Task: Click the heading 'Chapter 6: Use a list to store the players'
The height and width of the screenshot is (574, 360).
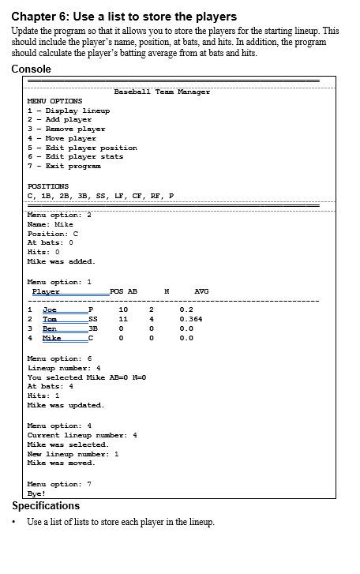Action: pyautogui.click(x=124, y=16)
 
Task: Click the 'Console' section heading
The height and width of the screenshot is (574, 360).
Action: pyautogui.click(x=32, y=69)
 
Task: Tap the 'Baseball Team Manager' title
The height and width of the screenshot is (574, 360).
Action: pyautogui.click(x=162, y=92)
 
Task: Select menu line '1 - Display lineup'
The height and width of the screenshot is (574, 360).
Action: pyautogui.click(x=69, y=111)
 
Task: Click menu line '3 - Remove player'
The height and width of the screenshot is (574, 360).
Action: pyautogui.click(x=66, y=129)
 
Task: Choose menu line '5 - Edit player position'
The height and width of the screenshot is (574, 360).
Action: pyautogui.click(x=82, y=148)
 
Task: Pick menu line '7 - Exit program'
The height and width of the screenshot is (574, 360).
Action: pyautogui.click(x=64, y=166)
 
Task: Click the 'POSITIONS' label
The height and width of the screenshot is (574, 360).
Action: pyautogui.click(x=48, y=186)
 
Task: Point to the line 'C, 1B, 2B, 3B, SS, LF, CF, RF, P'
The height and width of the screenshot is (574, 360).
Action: pyautogui.click(x=101, y=196)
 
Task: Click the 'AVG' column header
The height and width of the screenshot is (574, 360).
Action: pyautogui.click(x=201, y=291)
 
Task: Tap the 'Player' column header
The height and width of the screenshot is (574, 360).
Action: pyautogui.click(x=46, y=292)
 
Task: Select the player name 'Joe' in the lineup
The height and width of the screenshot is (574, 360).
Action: pyautogui.click(x=49, y=310)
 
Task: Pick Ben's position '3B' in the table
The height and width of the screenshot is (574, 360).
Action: pyautogui.click(x=92, y=328)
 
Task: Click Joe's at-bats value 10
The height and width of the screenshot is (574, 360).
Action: pyautogui.click(x=123, y=310)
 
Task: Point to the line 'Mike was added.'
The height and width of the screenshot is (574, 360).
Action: pyautogui.click(x=61, y=261)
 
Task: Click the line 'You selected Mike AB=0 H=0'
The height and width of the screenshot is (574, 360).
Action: pyautogui.click(x=87, y=377)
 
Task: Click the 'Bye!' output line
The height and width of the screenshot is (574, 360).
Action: pyautogui.click(x=36, y=493)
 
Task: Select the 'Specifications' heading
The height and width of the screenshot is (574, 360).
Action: pyautogui.click(x=46, y=505)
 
